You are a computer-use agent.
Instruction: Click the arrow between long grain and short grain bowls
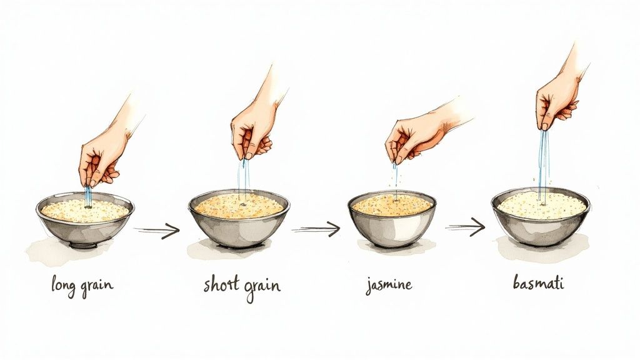157,231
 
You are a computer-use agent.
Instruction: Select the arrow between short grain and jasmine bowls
316,229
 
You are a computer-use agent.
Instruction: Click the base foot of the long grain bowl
82,245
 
